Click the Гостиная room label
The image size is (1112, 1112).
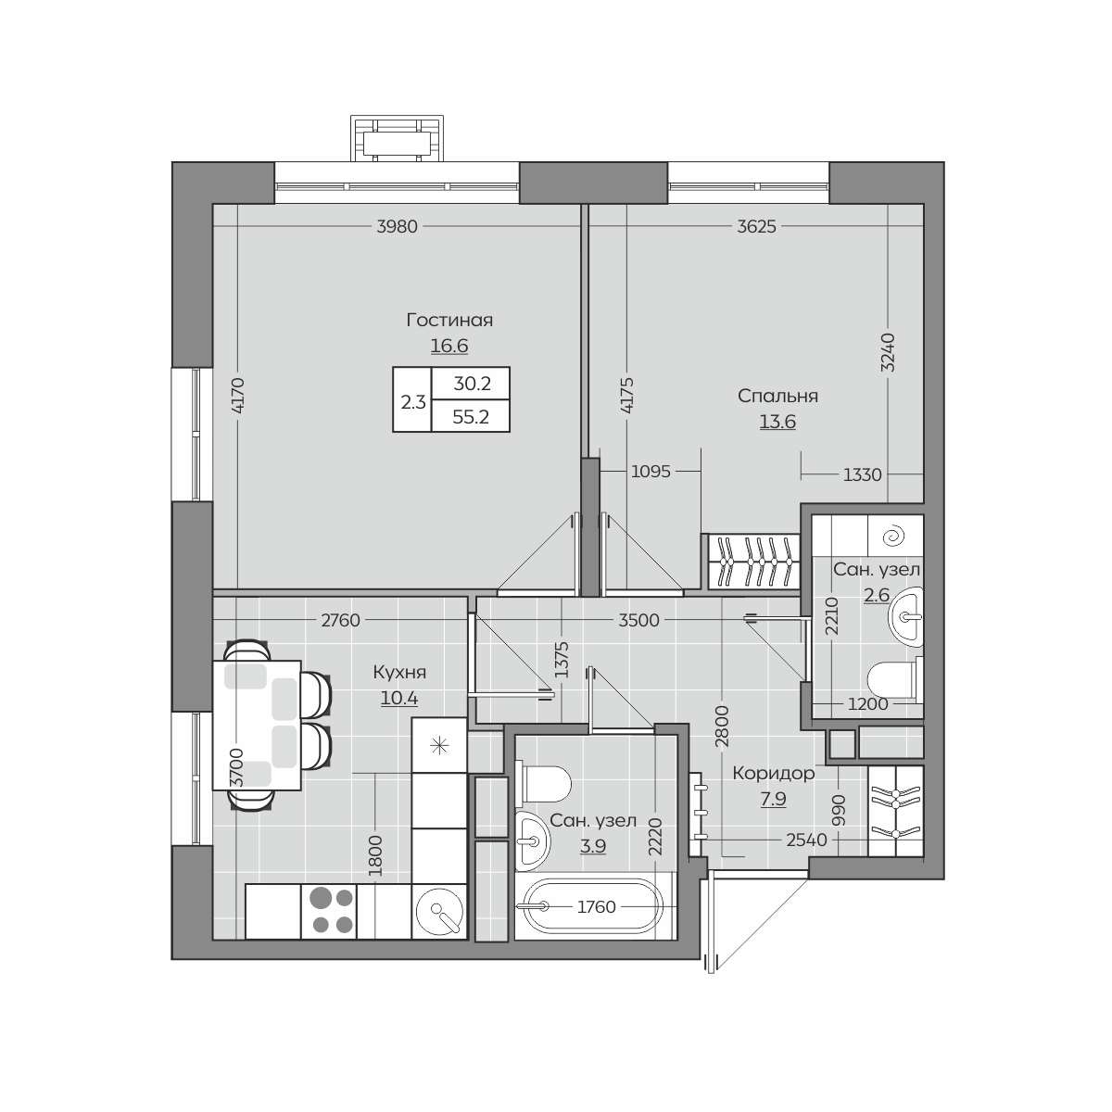pos(449,320)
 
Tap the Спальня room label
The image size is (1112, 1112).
pos(777,396)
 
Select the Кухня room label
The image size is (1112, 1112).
pos(399,672)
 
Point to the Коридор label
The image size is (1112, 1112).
pos(773,773)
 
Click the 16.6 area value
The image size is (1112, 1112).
pos(449,346)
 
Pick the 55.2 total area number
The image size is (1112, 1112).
pos(471,417)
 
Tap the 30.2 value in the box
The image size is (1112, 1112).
pos(472,383)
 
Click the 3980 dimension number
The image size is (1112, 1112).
pos(397,227)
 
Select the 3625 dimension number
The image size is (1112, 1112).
pos(756,227)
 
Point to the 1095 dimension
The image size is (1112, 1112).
pos(651,472)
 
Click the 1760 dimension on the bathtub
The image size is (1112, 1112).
pos(597,906)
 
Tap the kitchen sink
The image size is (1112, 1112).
pos(439,911)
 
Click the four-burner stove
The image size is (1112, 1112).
pos(329,911)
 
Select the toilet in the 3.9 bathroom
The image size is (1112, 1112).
pos(546,784)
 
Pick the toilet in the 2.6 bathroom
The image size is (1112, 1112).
pos(895,679)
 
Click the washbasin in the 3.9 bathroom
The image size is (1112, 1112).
pos(533,840)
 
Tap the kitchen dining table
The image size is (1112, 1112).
pos(257,726)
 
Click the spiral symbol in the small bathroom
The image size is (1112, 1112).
pos(895,537)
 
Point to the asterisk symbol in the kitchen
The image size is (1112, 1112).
pos(439,746)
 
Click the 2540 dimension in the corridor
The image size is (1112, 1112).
pos(807,840)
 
